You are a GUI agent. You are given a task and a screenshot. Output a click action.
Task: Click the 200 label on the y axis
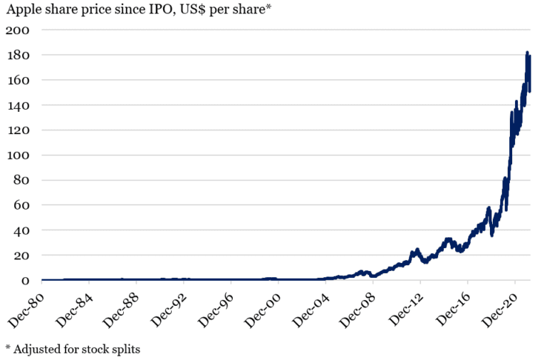[19, 30]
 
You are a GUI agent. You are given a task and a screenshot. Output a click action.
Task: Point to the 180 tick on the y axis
[19, 55]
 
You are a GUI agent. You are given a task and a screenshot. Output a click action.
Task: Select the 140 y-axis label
[19, 105]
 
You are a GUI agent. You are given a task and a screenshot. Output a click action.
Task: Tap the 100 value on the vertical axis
[19, 155]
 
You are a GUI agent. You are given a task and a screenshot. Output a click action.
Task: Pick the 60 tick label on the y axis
[22, 205]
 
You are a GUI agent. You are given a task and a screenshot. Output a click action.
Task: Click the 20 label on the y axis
[22, 255]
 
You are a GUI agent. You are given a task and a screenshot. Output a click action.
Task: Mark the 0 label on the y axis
[26, 280]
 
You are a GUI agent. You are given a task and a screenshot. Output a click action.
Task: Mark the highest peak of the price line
[527, 52]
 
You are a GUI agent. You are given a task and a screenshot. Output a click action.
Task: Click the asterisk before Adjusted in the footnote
[8, 347]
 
